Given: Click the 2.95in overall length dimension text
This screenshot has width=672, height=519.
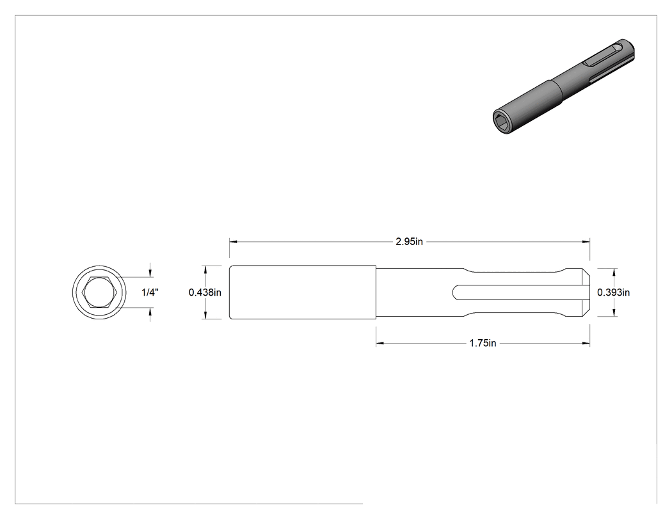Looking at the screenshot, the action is click(x=409, y=242).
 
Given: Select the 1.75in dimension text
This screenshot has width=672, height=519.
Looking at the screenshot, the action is click(x=483, y=343).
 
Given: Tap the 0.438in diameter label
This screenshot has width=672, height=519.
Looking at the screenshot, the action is click(x=205, y=292).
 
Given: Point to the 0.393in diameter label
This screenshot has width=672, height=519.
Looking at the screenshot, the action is click(x=613, y=292).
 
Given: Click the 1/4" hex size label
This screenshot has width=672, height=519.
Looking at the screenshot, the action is click(x=150, y=292).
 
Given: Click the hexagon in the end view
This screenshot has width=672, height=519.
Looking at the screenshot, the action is click(x=100, y=292).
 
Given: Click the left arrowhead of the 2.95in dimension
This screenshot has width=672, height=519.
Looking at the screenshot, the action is click(x=233, y=242).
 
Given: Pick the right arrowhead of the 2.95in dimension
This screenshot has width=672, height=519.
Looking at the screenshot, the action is click(x=586, y=242).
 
